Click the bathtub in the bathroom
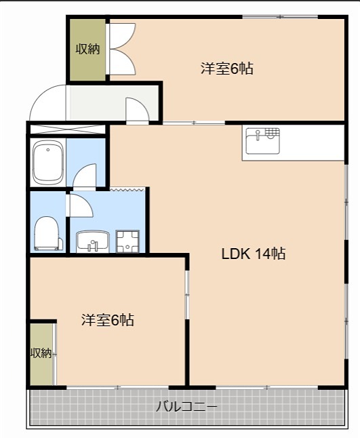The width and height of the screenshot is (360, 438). point(47,162)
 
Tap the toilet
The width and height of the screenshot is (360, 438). point(47,233)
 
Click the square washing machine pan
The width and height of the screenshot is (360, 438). point(127,241)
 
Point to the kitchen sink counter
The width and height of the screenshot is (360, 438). point(293,143)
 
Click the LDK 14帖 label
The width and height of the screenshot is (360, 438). point(253,254)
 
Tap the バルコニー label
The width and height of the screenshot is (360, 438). point(186,407)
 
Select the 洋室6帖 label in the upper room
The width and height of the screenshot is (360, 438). point(226,68)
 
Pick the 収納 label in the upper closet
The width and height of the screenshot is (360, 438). point(87,49)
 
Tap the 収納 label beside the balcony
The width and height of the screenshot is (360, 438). point(41,353)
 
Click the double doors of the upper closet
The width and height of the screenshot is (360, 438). point(123,49)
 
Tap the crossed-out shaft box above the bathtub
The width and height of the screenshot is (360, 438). point(67,129)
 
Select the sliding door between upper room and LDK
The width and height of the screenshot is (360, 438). point(194,123)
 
